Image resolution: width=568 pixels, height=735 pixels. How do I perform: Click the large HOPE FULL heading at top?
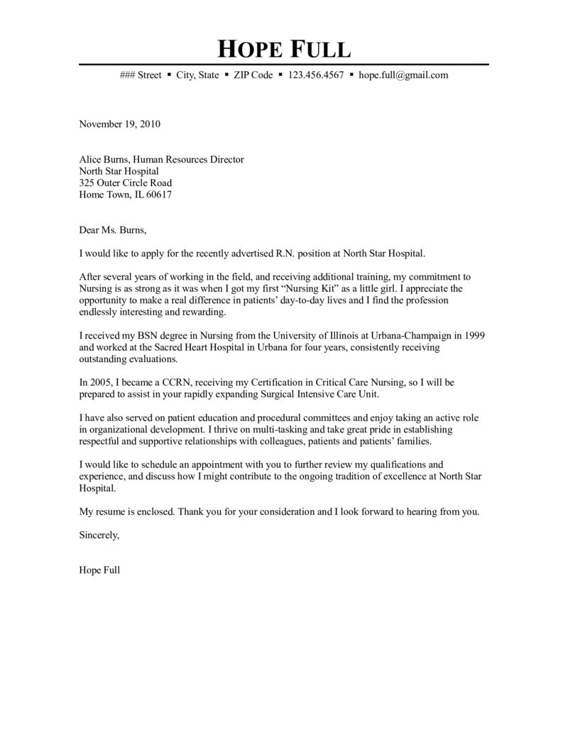pyautogui.click(x=283, y=49)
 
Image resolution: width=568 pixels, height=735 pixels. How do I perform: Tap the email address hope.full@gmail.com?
pyautogui.click(x=403, y=75)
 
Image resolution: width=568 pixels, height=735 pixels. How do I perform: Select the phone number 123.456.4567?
pyautogui.click(x=316, y=75)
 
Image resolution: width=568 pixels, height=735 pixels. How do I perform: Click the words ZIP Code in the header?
pyautogui.click(x=253, y=75)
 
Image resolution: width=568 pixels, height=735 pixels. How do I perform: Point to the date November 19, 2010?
pyautogui.click(x=119, y=124)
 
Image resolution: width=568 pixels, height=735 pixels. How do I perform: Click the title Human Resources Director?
pyautogui.click(x=188, y=160)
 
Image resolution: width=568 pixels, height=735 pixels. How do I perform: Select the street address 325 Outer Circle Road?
pyautogui.click(x=125, y=183)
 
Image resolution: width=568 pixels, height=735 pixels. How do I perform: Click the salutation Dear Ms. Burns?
pyautogui.click(x=113, y=230)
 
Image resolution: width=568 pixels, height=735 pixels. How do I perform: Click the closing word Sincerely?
pyautogui.click(x=99, y=535)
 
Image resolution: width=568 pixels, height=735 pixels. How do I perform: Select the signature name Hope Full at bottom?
pyautogui.click(x=99, y=570)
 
